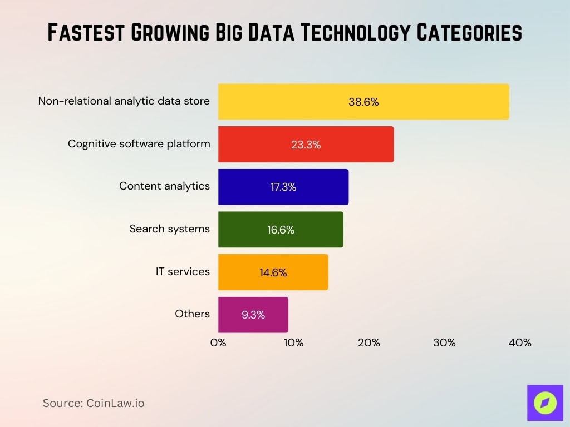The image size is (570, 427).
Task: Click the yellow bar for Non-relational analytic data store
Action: (x=363, y=102)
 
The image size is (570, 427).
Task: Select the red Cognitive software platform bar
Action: (x=306, y=145)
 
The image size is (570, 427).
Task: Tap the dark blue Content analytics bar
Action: (x=283, y=187)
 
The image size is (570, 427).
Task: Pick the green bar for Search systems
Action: (x=281, y=230)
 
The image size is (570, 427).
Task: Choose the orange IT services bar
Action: (x=273, y=272)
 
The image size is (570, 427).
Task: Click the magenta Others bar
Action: (x=253, y=315)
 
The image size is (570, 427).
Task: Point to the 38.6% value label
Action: (x=363, y=102)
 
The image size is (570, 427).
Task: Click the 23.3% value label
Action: (x=306, y=145)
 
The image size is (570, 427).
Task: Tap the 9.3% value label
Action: (x=253, y=315)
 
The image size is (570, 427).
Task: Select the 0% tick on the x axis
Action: (x=218, y=343)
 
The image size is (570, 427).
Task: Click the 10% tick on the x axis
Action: (x=294, y=343)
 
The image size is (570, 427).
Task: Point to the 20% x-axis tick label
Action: (x=369, y=343)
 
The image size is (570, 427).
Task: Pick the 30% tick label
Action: (x=444, y=343)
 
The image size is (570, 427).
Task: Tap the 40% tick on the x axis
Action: (x=520, y=343)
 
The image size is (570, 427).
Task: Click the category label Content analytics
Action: (x=164, y=186)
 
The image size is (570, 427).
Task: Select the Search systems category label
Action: (x=169, y=229)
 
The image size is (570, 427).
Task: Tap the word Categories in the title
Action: (x=466, y=33)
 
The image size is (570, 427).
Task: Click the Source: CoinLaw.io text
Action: (x=94, y=403)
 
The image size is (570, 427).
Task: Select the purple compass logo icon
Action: (x=545, y=403)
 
